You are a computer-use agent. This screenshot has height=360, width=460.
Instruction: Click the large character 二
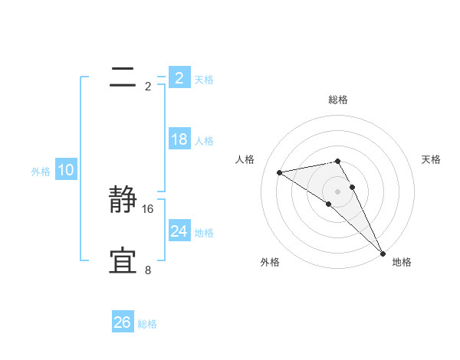pos(123,76)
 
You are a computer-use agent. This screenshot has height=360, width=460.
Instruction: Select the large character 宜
pos(123,260)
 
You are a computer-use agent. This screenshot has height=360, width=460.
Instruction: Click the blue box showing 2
pos(179,77)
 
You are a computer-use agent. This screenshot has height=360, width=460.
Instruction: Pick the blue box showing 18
pos(179,139)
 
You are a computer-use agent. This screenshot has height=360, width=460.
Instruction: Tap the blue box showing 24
pos(179,231)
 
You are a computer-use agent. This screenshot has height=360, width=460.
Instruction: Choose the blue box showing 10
pos(66,170)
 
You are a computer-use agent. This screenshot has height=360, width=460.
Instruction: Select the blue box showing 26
pos(122,322)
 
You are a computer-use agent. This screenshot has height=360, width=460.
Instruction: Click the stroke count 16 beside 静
pos(148,208)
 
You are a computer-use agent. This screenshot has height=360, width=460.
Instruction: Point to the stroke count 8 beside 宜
pos(148,270)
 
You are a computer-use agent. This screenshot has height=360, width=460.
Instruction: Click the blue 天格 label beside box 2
pos(204,79)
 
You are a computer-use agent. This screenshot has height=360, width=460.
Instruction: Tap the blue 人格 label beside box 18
pos(204,141)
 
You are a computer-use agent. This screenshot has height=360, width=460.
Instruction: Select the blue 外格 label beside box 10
pos(41,172)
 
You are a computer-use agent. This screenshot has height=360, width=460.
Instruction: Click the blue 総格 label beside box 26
pos(147,324)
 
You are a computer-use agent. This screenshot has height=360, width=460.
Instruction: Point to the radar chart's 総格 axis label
pos(338,100)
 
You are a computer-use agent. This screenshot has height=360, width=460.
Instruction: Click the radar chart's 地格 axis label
pos(402,263)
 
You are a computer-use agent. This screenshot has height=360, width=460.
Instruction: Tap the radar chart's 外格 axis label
pos(270,263)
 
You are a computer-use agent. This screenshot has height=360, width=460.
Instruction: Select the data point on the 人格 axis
pos(279,172)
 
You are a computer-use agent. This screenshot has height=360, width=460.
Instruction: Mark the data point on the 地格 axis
pos(383,252)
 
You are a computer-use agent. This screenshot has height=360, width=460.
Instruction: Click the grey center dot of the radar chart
pos(337,191)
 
